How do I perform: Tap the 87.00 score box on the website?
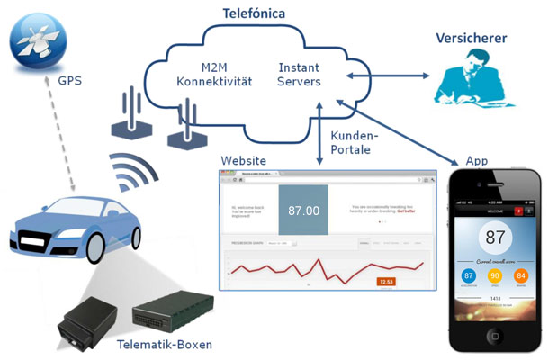(303, 211)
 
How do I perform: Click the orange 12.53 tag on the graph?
(387, 283)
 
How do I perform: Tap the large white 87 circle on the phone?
(494, 238)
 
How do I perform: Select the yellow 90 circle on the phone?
(494, 275)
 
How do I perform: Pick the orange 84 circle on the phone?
(520, 275)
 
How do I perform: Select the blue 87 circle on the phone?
(468, 275)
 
